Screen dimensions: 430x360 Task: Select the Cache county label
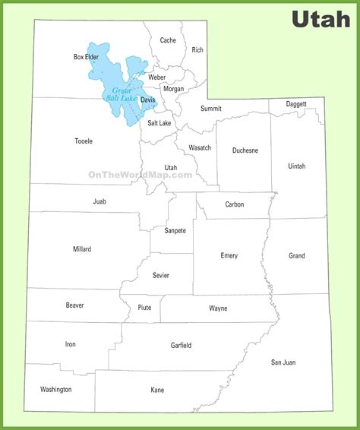168,40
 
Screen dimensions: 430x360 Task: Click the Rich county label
197,50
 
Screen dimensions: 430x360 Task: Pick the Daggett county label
296,103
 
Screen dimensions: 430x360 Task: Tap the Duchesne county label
245,150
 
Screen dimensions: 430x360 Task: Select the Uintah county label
296,165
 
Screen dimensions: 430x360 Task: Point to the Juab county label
99,201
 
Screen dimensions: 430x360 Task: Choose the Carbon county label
235,204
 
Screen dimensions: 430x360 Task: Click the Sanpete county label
175,229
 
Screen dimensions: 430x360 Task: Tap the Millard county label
82,249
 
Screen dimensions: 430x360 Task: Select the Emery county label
229,256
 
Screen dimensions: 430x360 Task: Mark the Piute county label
144,308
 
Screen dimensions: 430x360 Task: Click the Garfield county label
181,345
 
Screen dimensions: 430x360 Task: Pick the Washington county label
56,389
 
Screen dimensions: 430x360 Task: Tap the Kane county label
157,390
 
